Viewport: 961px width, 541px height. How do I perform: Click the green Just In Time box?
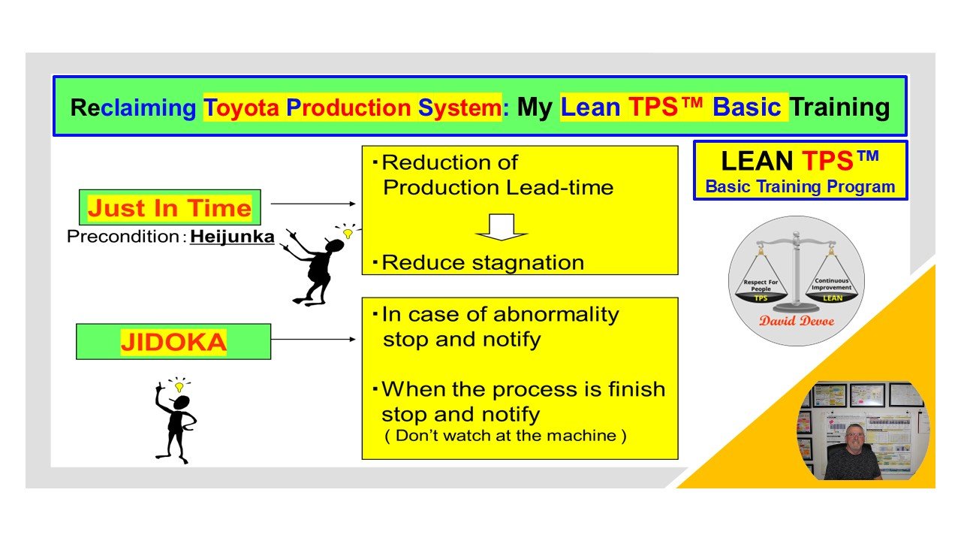pos(170,207)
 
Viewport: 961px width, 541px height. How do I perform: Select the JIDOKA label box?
pos(173,341)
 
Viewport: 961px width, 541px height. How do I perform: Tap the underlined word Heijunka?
pos(232,237)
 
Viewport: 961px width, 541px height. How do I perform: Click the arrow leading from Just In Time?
pos(312,203)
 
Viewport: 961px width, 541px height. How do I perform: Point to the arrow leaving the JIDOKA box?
pos(312,339)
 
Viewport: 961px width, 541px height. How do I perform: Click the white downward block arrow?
pos(502,228)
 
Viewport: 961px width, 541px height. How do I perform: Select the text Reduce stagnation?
pos(483,262)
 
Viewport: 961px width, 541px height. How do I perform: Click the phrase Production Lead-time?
pos(498,187)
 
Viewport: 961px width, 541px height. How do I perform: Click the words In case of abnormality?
pos(500,313)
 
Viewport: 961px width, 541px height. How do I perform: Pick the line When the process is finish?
pos(523,389)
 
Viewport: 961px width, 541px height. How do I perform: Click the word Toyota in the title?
pos(242,107)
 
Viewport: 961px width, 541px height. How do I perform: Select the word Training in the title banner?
pos(839,107)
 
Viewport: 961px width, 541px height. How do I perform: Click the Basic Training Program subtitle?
pos(800,187)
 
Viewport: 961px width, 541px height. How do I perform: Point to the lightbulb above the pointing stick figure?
pos(348,234)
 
